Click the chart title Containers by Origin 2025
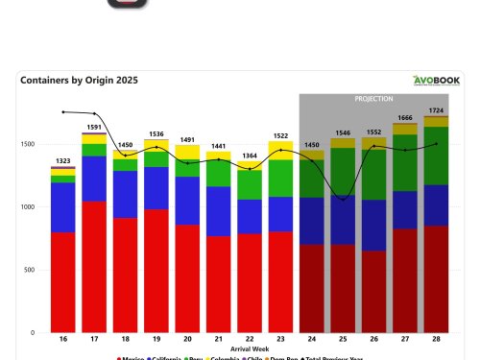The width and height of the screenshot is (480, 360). point(79,81)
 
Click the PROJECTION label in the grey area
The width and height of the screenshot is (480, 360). point(374,99)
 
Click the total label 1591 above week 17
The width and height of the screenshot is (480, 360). point(95,126)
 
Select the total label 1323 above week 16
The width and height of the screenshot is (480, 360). point(63,159)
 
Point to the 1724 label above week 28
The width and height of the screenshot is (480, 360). point(437,109)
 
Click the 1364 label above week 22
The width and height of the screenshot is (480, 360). point(250,155)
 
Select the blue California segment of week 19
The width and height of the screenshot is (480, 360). point(156,188)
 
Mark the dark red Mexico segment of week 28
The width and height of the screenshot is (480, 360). point(437,278)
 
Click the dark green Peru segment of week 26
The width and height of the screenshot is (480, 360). point(374,174)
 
